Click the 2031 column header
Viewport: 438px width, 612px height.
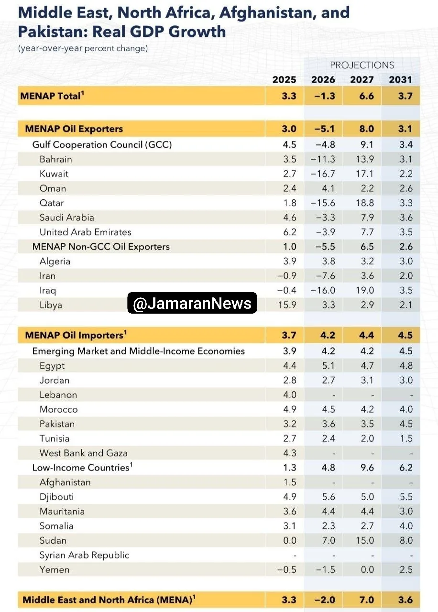click(400, 79)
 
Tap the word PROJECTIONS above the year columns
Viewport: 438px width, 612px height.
click(362, 65)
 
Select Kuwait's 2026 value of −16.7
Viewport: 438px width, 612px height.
click(323, 174)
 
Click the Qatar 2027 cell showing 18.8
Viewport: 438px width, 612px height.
click(365, 203)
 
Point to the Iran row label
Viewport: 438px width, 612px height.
click(47, 276)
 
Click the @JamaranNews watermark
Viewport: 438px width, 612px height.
click(192, 303)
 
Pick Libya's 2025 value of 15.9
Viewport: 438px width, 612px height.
click(287, 305)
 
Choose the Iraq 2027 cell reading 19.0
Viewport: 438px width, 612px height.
click(365, 290)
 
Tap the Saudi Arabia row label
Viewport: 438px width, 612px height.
click(67, 218)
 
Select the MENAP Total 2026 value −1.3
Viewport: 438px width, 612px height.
click(324, 96)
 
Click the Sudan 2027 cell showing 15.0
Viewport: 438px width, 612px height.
click(365, 540)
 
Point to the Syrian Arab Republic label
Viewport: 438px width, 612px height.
click(85, 555)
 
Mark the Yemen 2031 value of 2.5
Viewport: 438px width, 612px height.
click(406, 569)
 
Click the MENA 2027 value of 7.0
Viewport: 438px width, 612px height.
click(366, 600)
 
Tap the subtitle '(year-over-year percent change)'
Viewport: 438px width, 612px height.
click(83, 48)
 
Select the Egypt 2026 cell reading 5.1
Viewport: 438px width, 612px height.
click(328, 366)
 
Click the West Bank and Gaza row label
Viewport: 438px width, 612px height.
click(84, 453)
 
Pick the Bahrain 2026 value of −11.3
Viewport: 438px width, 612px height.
click(323, 159)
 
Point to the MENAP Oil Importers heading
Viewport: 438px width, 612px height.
click(76, 335)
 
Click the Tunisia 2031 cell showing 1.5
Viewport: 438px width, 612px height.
click(406, 438)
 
